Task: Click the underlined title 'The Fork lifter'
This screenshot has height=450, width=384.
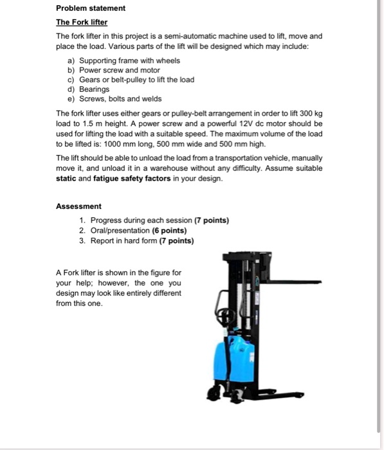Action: (80, 22)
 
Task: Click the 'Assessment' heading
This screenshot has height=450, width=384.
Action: (78, 206)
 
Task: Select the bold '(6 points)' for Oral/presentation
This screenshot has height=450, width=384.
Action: (169, 230)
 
